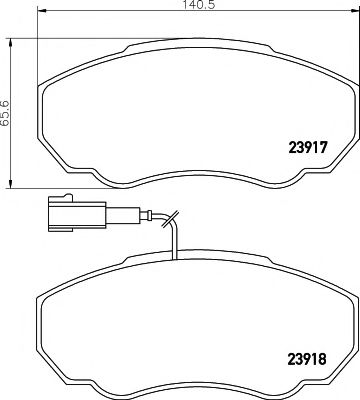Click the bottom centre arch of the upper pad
[190, 171]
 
